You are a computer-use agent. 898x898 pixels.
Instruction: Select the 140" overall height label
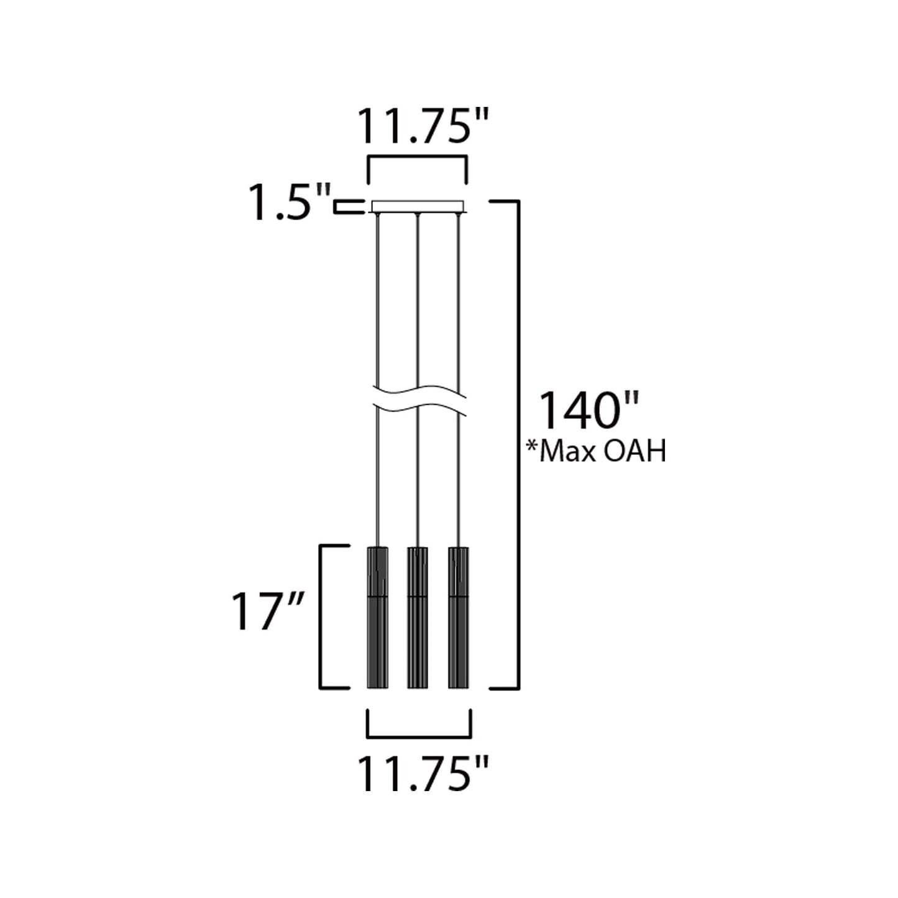(587, 411)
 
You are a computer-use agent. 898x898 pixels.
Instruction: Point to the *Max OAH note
(596, 452)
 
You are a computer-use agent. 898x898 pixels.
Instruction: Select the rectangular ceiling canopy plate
(418, 206)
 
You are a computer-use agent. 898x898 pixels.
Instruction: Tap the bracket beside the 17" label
(321, 617)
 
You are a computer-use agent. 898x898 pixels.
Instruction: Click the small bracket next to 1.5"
(348, 207)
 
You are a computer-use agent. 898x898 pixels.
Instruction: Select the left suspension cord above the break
(377, 298)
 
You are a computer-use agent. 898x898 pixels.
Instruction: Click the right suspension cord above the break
(458, 298)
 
